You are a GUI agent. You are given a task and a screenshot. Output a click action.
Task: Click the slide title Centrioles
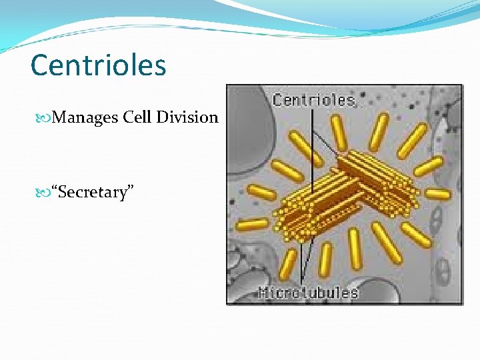tap(98, 65)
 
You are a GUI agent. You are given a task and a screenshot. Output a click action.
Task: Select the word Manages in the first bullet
tap(85, 117)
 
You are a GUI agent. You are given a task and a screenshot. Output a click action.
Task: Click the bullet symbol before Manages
tap(45, 118)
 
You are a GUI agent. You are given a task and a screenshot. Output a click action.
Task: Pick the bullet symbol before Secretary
tap(45, 193)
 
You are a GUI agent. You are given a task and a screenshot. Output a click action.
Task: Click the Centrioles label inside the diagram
tap(313, 101)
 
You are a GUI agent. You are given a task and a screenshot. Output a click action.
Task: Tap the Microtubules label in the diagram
tap(308, 292)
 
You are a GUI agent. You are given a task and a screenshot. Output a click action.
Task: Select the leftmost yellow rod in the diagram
tap(252, 224)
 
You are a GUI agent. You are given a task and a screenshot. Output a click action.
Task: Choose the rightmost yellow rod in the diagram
tap(437, 194)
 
